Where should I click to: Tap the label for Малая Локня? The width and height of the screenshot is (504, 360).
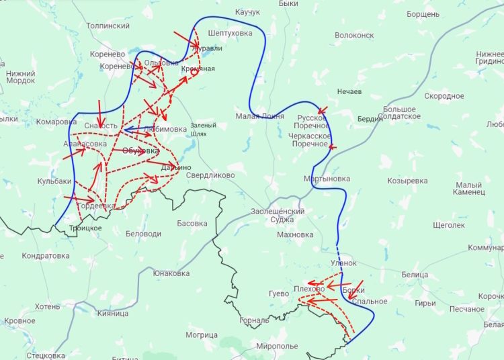point(259,116)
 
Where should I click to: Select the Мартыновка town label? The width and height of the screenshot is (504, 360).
point(327,179)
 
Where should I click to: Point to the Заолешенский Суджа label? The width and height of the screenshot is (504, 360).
point(278,216)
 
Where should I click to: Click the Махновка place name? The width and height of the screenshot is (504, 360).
point(295,234)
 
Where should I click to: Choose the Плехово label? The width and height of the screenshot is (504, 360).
point(309,289)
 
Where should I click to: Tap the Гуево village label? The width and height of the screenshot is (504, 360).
point(278,294)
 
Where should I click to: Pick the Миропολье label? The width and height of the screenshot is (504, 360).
point(277,346)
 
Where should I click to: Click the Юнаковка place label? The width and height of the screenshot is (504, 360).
point(171,273)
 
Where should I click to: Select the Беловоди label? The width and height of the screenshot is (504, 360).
point(143,234)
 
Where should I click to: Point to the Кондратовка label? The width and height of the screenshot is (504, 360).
point(46,256)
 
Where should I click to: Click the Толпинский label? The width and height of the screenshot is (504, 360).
point(108,26)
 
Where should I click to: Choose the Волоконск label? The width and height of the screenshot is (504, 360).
point(353,35)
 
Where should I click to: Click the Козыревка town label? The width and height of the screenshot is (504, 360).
point(407,181)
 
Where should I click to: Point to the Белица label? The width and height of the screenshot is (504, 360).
point(415,275)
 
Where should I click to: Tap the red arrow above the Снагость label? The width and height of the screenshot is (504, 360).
point(99,109)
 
